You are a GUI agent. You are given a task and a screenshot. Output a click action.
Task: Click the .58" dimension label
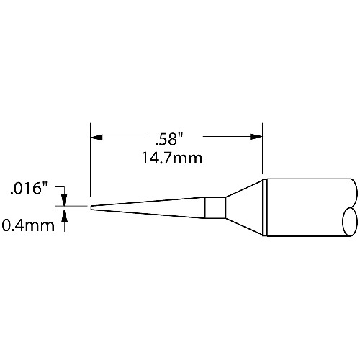[x=169, y=140]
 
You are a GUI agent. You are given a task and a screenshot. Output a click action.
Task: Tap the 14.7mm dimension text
[x=172, y=158]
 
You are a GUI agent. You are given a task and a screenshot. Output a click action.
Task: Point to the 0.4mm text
[x=28, y=225]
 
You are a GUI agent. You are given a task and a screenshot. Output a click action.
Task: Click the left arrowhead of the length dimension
[x=96, y=138]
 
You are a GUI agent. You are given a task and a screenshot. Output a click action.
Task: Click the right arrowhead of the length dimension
[x=256, y=137]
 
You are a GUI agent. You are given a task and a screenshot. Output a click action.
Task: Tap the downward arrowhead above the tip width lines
[x=64, y=199]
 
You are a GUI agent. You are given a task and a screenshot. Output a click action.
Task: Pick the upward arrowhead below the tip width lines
[x=64, y=215]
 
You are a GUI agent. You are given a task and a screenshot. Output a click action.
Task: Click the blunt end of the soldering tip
[x=91, y=207]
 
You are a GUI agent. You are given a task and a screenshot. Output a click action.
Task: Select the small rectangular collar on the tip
[x=215, y=207]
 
